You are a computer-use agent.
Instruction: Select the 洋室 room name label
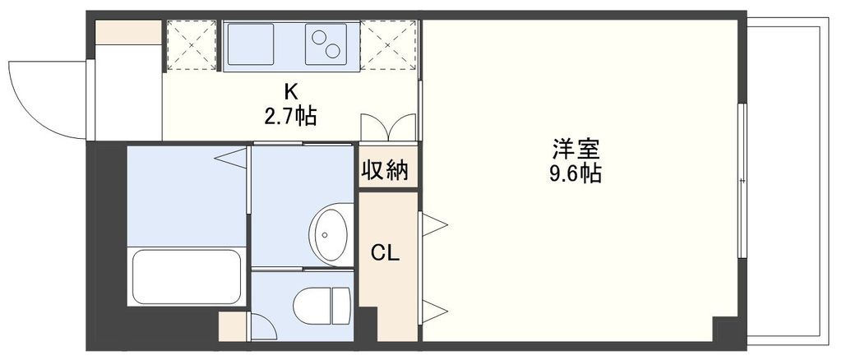tap(576, 150)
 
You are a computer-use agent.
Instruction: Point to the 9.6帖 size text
tap(576, 173)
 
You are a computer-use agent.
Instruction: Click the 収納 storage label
tap(386, 170)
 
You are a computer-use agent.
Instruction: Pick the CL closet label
tap(385, 253)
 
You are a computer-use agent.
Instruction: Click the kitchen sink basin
tap(251, 44)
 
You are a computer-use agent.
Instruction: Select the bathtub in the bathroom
tap(187, 276)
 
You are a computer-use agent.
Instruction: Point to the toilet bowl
tap(322, 304)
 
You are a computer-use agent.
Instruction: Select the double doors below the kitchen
tap(388, 128)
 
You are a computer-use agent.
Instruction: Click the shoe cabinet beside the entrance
tap(128, 32)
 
